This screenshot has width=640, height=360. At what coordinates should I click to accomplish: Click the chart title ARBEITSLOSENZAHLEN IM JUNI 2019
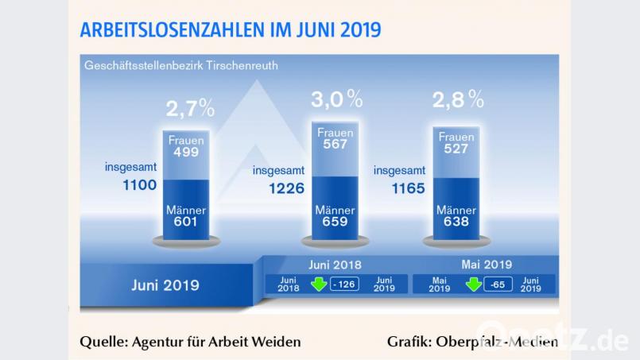(230, 30)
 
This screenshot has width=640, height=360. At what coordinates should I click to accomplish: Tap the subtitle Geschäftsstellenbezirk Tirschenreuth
(181, 65)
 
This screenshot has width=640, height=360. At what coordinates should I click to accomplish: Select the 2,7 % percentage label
(190, 107)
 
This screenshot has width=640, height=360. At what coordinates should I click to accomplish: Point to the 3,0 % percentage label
(336, 99)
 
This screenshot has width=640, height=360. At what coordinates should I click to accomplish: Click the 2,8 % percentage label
(458, 99)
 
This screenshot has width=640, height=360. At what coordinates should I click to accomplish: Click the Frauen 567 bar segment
(335, 139)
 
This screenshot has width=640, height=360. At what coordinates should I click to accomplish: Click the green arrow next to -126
(319, 284)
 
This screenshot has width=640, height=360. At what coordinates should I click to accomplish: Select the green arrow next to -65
(473, 284)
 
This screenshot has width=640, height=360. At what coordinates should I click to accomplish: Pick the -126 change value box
(346, 284)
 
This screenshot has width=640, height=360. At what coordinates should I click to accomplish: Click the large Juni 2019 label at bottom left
(165, 285)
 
